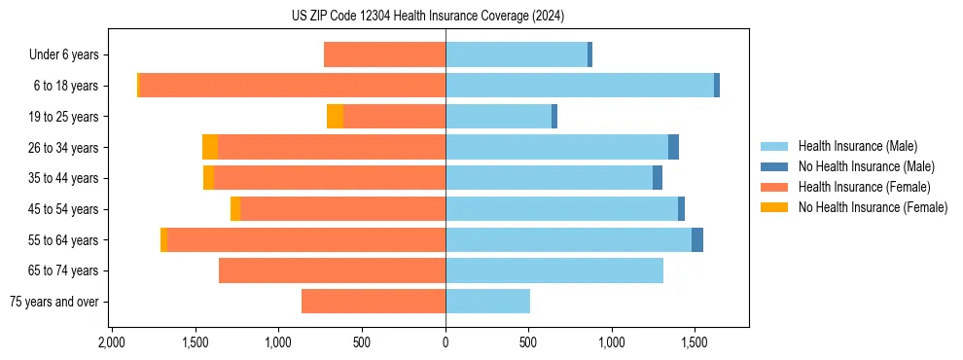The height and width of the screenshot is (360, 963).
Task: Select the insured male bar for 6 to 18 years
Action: [580, 86]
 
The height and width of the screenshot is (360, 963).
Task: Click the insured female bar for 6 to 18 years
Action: [292, 86]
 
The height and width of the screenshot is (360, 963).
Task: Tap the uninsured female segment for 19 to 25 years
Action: [335, 117]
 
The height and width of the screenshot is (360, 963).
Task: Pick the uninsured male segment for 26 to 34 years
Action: [673, 148]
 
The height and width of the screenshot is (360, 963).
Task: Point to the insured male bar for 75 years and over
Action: [487, 302]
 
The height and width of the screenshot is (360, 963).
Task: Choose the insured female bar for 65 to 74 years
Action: [332, 270]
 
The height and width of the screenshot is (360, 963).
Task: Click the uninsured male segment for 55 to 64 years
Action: [697, 240]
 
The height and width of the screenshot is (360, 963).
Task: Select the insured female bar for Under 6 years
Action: [384, 54]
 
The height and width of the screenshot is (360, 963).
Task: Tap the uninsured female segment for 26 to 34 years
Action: [210, 148]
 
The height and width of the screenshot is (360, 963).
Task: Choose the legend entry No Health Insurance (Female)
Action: [873, 207]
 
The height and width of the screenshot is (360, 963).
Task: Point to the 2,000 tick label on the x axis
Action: [112, 343]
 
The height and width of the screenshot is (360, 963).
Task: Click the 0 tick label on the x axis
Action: [446, 343]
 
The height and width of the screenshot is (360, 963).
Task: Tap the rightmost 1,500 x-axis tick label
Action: [695, 343]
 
